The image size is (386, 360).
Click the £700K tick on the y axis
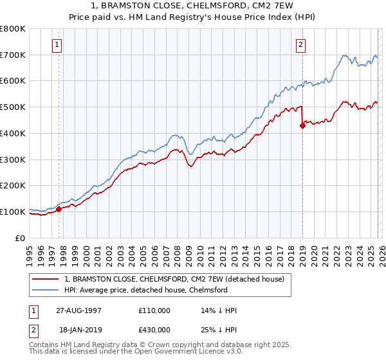point(13,55)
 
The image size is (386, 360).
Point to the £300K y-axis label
point(13,159)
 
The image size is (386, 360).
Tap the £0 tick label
point(21,238)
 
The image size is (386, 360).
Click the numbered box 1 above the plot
point(58,45)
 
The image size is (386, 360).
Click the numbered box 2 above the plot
point(300,45)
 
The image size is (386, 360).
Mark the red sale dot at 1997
point(59,209)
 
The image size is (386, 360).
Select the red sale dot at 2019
point(302,126)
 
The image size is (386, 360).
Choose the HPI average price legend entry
point(146,290)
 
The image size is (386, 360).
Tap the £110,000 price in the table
point(154,310)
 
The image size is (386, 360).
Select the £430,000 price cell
point(154,328)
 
